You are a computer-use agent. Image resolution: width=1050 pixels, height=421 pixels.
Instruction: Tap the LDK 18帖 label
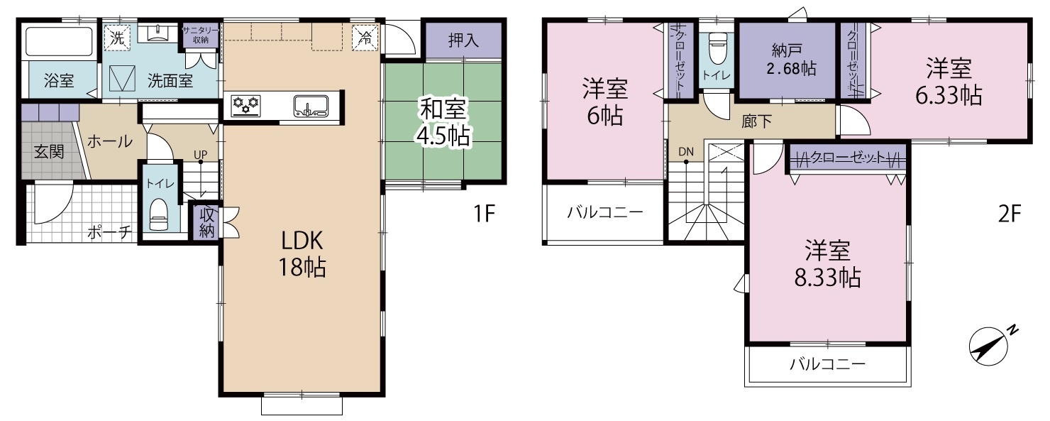coord(303,253)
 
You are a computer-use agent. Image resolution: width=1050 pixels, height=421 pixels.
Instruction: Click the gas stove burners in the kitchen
coord(246,105)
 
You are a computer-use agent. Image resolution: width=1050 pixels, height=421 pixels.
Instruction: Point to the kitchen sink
coord(311,106)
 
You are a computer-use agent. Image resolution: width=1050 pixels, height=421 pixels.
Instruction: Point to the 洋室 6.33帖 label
coord(949,82)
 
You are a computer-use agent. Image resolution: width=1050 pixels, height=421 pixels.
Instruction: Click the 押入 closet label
coord(463,40)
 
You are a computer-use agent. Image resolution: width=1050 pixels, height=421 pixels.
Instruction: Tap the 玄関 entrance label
coord(48,152)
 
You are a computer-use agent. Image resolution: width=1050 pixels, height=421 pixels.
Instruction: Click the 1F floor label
coord(485,214)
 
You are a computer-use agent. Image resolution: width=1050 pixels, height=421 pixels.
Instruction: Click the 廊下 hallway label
coord(756,122)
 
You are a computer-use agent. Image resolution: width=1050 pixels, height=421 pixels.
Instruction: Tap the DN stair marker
coord(685,151)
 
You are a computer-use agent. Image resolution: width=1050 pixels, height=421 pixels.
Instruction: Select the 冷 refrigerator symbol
coord(365,38)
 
